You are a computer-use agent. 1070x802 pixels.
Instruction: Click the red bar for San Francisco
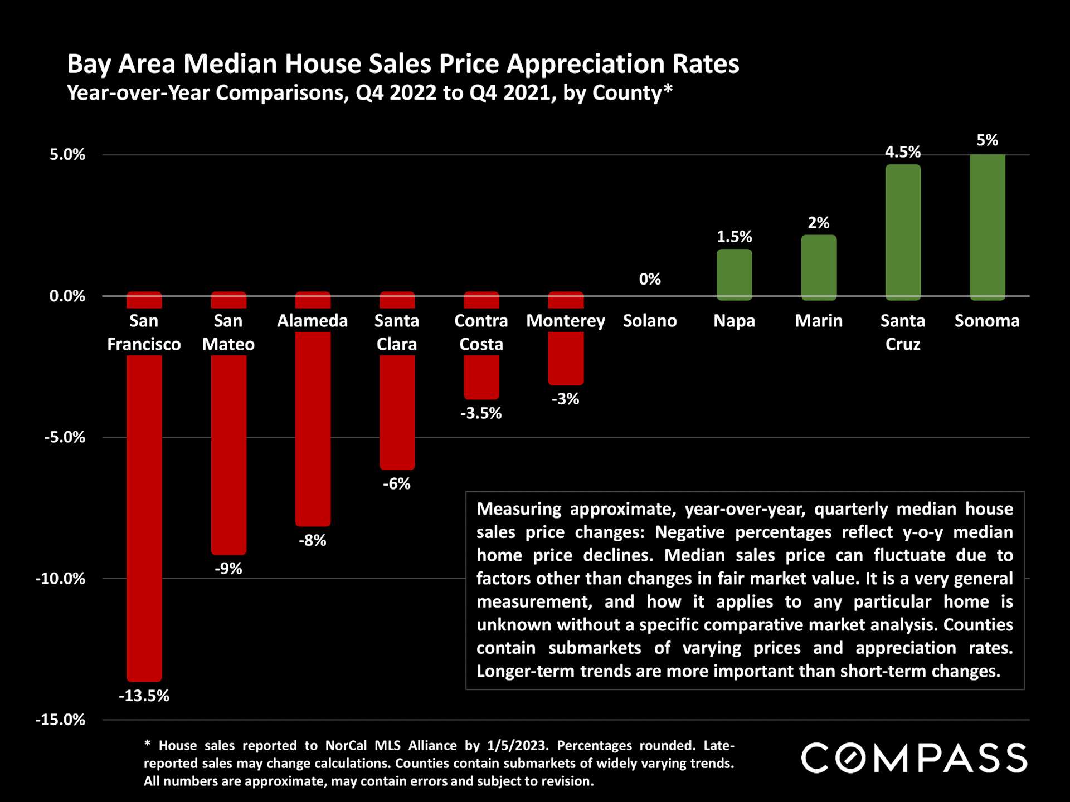[x=144, y=501]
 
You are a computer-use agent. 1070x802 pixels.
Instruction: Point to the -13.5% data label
[x=144, y=696]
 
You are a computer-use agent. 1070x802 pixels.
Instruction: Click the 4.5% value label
[x=902, y=152]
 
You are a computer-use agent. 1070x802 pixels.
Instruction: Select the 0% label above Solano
[x=650, y=279]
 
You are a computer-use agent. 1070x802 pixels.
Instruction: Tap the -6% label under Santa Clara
[x=396, y=484]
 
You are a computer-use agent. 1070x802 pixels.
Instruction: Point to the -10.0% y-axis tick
[x=60, y=579]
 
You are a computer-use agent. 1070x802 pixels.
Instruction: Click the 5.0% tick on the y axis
[x=67, y=155]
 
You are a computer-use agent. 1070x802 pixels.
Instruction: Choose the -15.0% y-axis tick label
[x=60, y=720]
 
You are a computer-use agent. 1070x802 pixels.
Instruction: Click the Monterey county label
[x=565, y=321]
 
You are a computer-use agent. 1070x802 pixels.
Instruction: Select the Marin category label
[x=818, y=321]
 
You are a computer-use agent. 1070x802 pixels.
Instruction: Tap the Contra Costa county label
[x=481, y=332]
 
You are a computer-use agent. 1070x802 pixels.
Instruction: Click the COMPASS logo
[x=914, y=758]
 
